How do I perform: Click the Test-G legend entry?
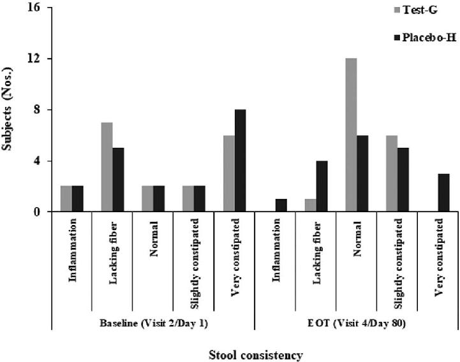click(x=404, y=9)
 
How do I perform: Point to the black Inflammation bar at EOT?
click(x=281, y=205)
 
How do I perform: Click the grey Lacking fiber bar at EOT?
click(x=311, y=205)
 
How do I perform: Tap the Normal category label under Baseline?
click(x=153, y=240)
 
